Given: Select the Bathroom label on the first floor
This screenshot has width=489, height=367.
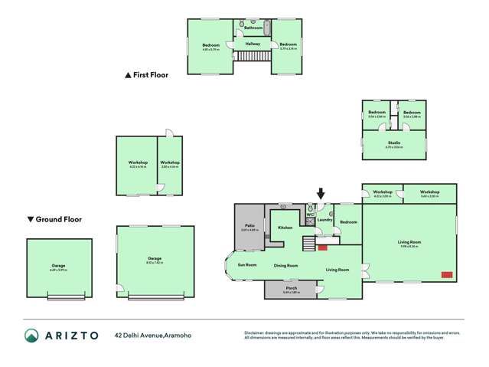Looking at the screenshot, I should pyautogui.click(x=253, y=28).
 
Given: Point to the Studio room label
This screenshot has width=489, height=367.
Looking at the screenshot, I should pyautogui.click(x=394, y=143).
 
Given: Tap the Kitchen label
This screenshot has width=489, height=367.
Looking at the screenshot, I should pyautogui.click(x=285, y=228).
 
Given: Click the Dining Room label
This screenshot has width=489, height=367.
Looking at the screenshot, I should pyautogui.click(x=285, y=265).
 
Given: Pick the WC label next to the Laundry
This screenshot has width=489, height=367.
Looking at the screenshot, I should pyautogui.click(x=309, y=215).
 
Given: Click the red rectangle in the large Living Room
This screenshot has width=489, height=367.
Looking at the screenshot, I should pyautogui.click(x=446, y=274).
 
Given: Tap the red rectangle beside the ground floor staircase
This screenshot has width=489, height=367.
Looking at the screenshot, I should pyautogui.click(x=322, y=247).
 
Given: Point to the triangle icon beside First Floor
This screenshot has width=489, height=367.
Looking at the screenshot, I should pyautogui.click(x=129, y=75).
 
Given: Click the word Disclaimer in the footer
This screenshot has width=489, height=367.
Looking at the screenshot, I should pyautogui.click(x=254, y=333).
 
